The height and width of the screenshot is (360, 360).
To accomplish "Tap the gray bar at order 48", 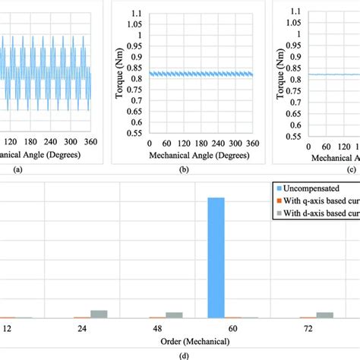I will [175, 314].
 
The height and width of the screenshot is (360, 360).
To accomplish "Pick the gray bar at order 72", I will [325, 314].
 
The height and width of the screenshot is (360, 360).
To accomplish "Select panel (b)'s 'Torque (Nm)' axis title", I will [120, 73].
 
